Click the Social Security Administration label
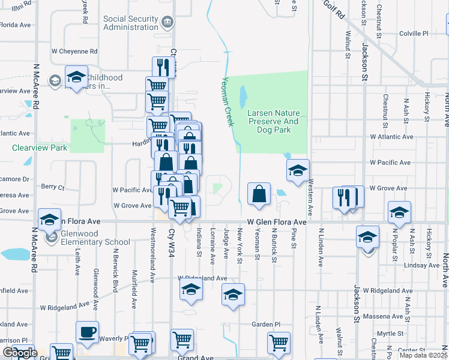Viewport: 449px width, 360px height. coord(131,23)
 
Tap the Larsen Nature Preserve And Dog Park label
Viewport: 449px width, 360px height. coord(273,117)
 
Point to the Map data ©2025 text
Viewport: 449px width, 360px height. coord(423,355)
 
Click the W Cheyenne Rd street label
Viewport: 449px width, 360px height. coord(74,52)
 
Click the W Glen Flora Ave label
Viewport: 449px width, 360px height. coord(274,222)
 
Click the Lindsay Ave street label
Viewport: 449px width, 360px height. coord(421,265)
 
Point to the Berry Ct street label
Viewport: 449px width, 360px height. coord(53,187)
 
